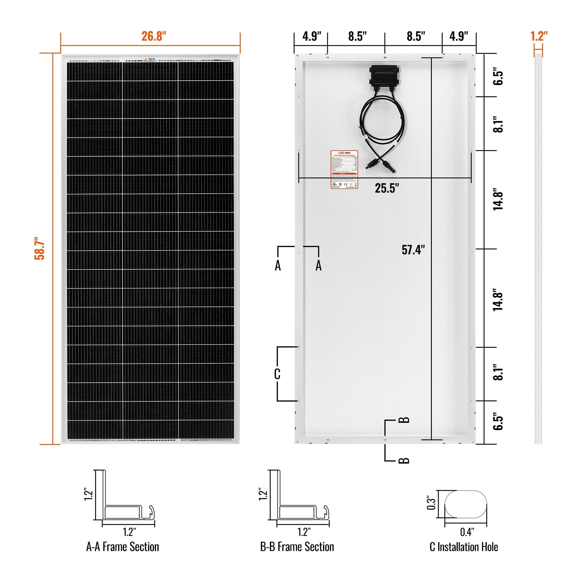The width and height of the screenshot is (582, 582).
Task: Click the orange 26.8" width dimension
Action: coord(154,36)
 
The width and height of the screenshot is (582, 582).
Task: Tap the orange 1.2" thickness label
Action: coord(539,36)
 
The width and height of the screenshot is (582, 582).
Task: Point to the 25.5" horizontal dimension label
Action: coord(387,188)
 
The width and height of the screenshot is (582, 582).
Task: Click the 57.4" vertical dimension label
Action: coord(413,250)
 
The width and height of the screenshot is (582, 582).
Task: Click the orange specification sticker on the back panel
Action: coord(344,169)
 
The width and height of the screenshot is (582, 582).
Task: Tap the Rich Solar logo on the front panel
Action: coord(150,60)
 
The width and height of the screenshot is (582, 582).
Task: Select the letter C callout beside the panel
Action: coord(277,374)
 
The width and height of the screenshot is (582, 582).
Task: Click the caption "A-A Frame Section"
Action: coord(123,547)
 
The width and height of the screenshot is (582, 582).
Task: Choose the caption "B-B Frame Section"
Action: coord(297,547)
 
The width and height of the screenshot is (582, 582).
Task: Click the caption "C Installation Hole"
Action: coord(464,547)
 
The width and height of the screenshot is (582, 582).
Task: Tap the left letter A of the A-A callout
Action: coord(278,266)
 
